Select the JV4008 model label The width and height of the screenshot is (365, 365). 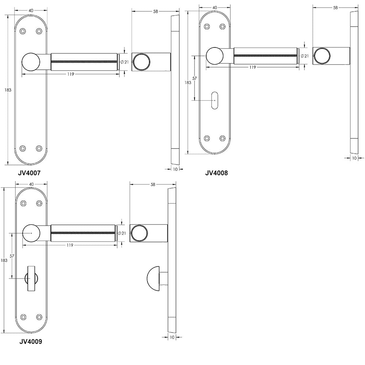pyautogui.click(x=216, y=173)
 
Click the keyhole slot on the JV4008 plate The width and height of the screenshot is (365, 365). pyautogui.click(x=215, y=99)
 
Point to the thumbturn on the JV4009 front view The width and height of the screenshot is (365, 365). pyautogui.click(x=31, y=278)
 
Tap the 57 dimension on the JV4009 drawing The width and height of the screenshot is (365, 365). pyautogui.click(x=12, y=256)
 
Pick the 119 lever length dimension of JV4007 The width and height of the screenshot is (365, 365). pyautogui.click(x=71, y=74)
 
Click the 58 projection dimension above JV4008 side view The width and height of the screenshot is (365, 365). pyautogui.click(x=335, y=7)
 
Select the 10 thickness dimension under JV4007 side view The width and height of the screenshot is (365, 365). pyautogui.click(x=175, y=169)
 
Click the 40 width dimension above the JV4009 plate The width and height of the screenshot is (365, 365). pyautogui.click(x=31, y=184)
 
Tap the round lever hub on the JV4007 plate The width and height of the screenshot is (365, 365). pyautogui.click(x=31, y=61)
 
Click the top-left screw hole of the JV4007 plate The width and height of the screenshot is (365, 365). pyautogui.click(x=23, y=31)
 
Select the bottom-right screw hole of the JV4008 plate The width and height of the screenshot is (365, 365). pyautogui.click(x=223, y=138)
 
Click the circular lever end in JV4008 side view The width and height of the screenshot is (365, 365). pyautogui.click(x=323, y=56)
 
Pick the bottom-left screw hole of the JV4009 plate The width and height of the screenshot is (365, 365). pyautogui.click(x=24, y=317)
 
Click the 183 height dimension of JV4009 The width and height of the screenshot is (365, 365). pyautogui.click(x=4, y=260)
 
